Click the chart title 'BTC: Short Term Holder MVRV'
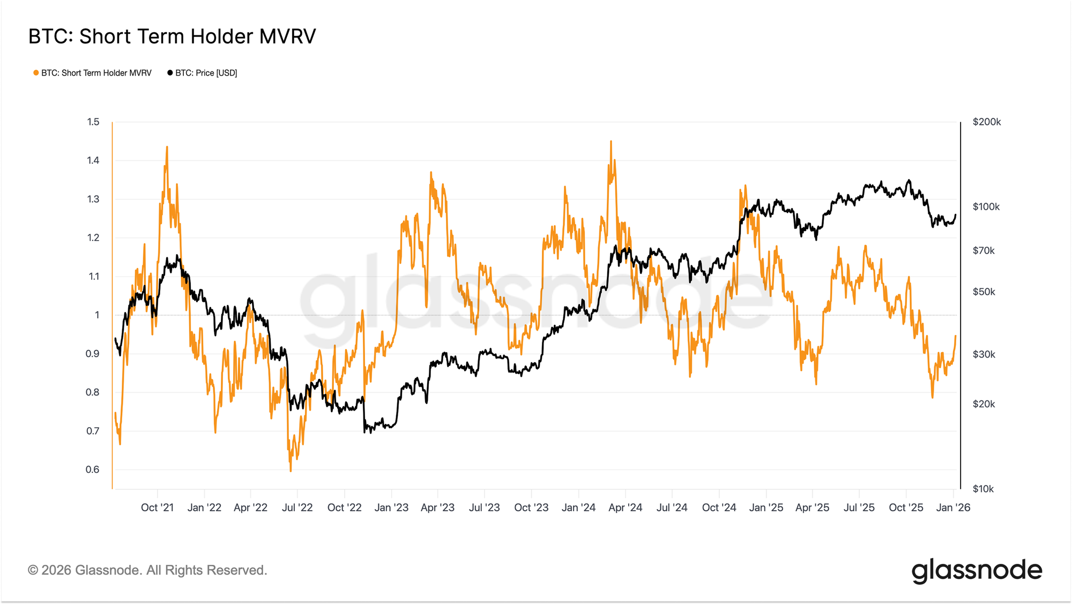[172, 36]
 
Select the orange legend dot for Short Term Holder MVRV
[36, 73]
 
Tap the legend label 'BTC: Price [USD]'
[206, 73]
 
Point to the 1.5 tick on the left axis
[93, 122]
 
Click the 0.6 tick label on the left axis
[93, 469]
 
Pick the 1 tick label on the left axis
[97, 315]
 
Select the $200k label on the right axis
[987, 122]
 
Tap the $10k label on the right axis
[983, 489]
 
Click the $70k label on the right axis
[984, 251]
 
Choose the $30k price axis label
[984, 354]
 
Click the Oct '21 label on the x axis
[157, 508]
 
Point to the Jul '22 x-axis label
[297, 508]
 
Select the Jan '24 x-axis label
[578, 508]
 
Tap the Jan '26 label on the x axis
[953, 508]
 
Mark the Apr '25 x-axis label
[812, 508]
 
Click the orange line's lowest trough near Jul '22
[291, 471]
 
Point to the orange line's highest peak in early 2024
[611, 141]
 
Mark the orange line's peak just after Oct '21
[167, 147]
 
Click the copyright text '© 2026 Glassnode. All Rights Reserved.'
[147, 570]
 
